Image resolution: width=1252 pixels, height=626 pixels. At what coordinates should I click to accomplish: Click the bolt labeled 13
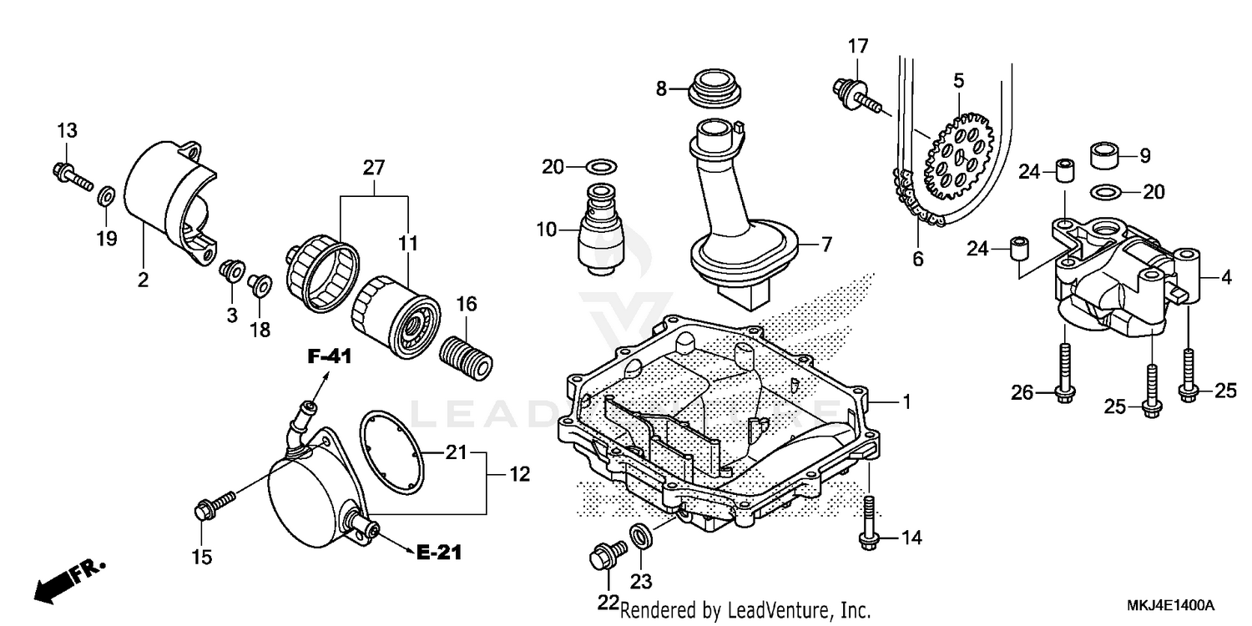(74, 176)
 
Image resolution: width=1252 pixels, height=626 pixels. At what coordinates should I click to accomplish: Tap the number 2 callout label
(143, 280)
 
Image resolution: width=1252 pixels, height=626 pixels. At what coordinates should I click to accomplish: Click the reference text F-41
(329, 356)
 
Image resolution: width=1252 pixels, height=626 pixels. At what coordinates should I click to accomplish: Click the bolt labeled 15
(215, 504)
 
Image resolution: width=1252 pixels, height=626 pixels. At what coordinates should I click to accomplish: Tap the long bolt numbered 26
(1066, 373)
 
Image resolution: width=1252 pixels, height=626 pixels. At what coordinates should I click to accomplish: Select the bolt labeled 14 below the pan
(869, 523)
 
